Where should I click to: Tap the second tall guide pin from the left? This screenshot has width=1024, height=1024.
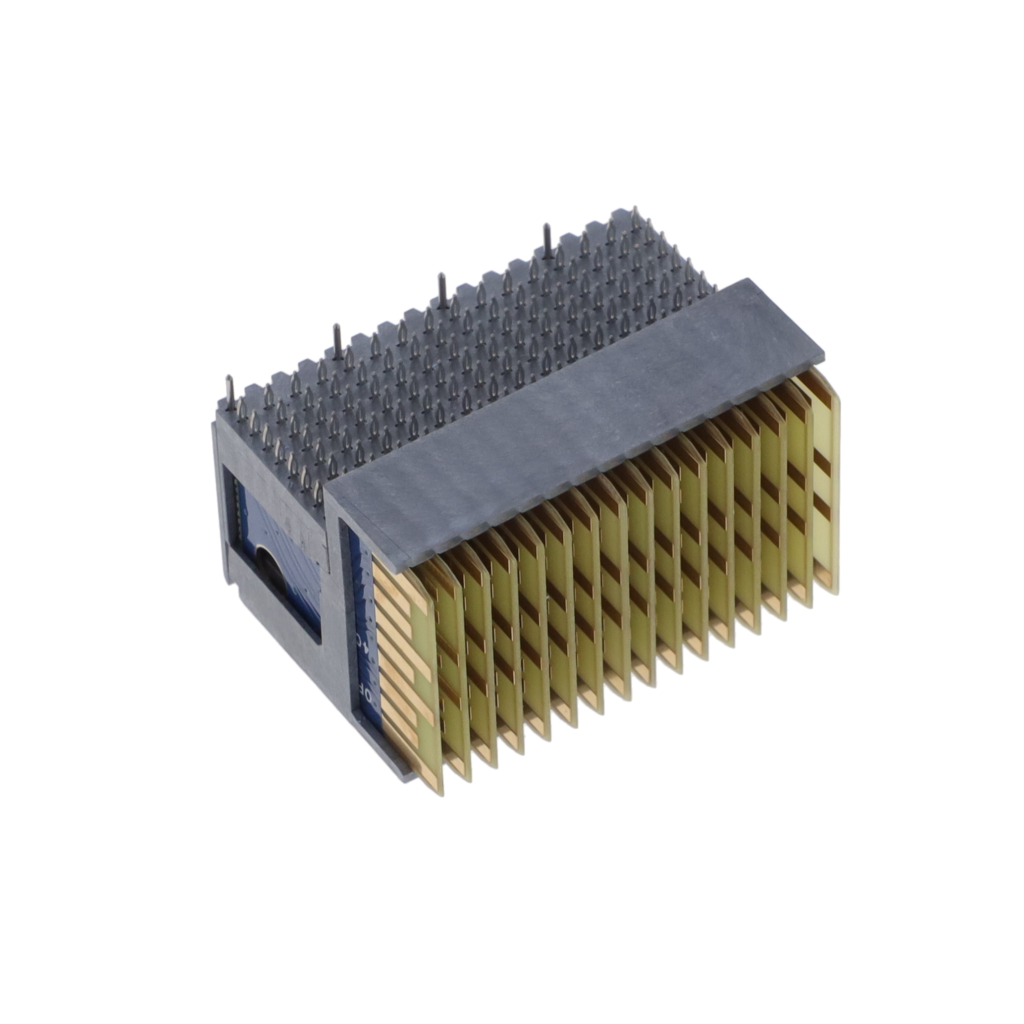click(335, 339)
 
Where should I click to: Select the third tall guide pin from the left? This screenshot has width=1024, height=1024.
click(441, 288)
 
